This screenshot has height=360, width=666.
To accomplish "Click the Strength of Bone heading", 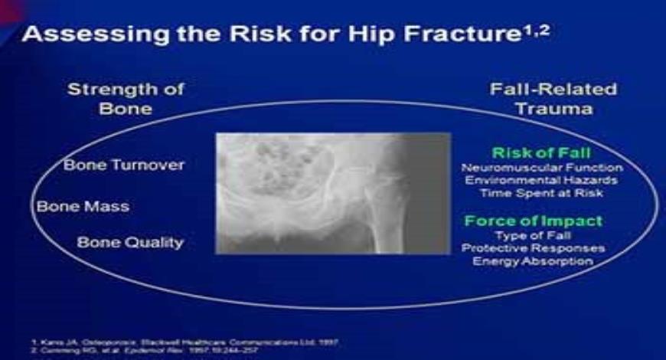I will (126, 99).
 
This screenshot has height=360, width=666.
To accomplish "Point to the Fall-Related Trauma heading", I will (553, 99).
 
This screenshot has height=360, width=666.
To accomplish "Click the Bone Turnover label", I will (124, 165).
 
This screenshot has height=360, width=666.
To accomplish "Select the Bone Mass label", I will (83, 206).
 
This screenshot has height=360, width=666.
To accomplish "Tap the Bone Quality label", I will (130, 243).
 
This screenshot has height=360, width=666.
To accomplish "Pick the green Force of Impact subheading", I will (533, 221).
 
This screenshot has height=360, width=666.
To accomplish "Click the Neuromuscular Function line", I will (542, 167).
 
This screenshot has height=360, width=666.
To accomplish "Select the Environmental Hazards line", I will (542, 180).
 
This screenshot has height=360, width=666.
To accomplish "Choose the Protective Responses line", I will (533, 248).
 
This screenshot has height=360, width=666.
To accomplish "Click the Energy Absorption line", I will (533, 261).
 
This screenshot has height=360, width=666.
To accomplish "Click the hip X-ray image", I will (333, 193).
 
